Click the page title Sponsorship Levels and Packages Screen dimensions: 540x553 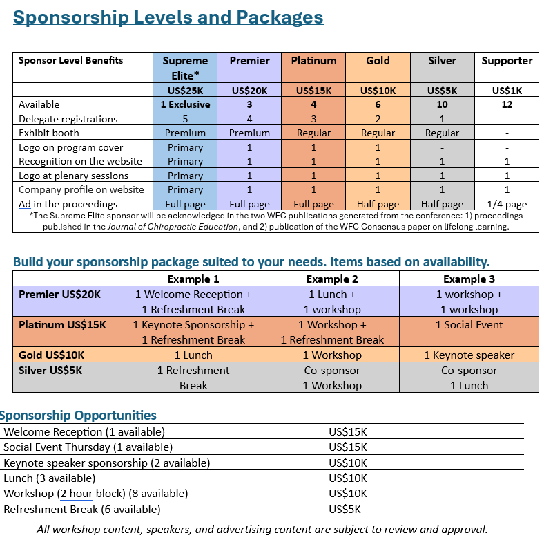168,17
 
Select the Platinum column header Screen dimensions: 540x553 313,61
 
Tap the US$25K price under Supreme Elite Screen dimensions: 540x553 185,90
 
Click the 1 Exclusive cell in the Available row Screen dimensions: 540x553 185,104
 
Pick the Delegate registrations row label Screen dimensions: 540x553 68,119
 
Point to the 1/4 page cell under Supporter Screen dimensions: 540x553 507,204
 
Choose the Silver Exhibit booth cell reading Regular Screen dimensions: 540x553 442,133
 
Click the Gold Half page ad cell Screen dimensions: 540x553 378,204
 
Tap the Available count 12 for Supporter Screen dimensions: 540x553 507,104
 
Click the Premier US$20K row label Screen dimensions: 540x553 59,294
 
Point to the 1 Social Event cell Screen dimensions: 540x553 469,325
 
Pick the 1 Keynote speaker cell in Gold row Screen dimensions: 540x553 469,355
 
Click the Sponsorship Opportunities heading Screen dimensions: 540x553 78,416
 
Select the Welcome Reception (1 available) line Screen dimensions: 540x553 84,432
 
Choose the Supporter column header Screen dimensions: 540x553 507,61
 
